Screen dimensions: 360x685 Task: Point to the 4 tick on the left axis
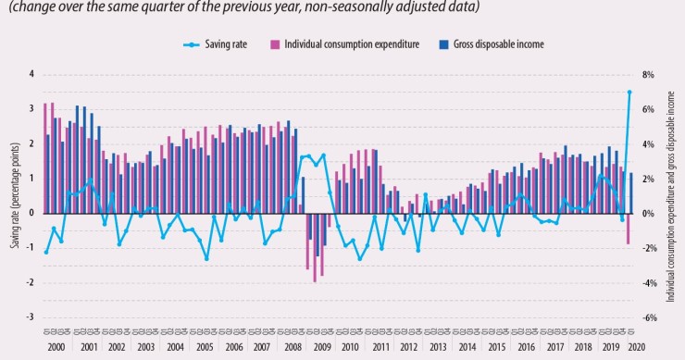(x=31, y=74)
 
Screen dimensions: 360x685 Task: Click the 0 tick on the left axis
(x=31, y=213)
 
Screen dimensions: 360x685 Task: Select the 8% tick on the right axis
(x=649, y=74)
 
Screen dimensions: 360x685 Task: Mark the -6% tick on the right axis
(x=649, y=317)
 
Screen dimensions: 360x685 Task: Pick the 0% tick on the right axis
(x=649, y=213)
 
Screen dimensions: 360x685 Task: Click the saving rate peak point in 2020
(x=629, y=92)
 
